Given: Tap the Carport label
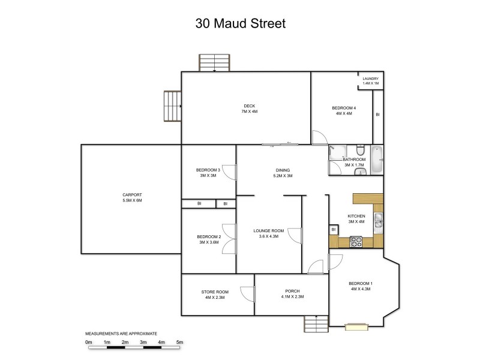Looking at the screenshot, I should (131, 197).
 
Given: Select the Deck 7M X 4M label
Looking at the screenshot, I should (245, 109).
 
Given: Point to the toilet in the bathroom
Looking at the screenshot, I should (359, 150).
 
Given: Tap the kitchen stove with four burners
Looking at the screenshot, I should (356, 242).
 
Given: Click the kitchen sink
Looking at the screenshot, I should (378, 222).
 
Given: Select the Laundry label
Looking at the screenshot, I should (370, 80).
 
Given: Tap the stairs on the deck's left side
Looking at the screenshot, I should (172, 107).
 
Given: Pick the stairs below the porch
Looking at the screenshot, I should (316, 324).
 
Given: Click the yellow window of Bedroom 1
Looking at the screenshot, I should (356, 326).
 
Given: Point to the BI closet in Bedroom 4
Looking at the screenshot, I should (377, 115).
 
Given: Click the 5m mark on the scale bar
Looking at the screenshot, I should (179, 342).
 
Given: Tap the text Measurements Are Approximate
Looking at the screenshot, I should (121, 332).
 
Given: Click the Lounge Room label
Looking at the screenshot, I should (268, 233).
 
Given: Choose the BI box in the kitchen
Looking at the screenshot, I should (333, 230).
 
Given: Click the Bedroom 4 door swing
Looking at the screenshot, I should (319, 137).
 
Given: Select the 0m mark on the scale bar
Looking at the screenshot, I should (88, 342).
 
